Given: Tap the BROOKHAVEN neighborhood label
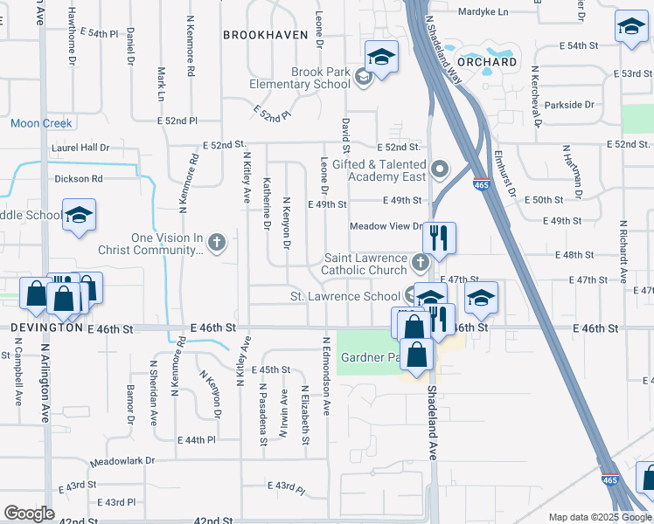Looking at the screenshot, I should click(266, 35).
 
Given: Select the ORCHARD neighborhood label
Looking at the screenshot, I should click(487, 62).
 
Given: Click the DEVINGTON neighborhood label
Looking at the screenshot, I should click(47, 327).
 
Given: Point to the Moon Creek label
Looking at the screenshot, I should click(41, 124).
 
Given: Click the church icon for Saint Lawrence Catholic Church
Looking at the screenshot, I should click(421, 259).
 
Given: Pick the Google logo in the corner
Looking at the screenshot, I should click(29, 514).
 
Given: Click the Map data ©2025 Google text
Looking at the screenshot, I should click(601, 517).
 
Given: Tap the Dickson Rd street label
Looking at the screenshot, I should click(79, 179).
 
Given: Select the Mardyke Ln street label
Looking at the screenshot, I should click(483, 12).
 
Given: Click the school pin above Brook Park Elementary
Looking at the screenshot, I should click(381, 57).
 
